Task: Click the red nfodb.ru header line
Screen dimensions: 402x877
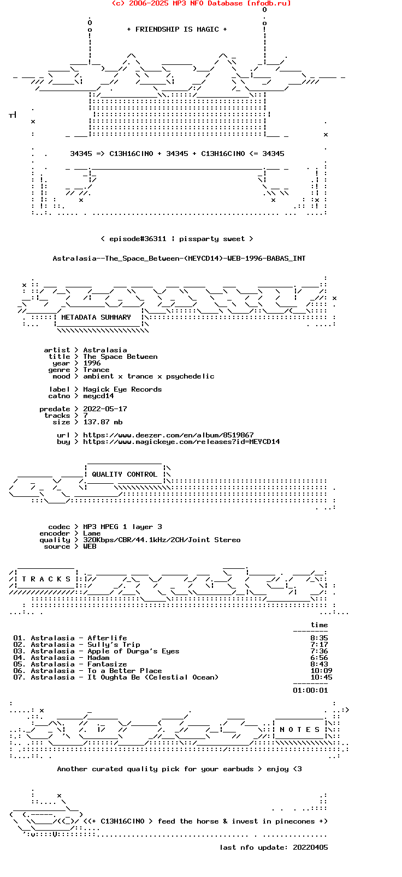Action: point(201,3)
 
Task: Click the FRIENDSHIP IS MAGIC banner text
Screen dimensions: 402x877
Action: point(177,29)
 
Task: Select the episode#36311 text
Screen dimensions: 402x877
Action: point(138,239)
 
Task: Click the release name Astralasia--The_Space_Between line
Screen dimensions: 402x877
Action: point(179,259)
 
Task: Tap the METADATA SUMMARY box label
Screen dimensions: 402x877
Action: point(96,317)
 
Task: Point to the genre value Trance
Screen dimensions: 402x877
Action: point(96,370)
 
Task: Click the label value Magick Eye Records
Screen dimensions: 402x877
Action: point(122,389)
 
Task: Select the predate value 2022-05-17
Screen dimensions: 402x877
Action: point(105,409)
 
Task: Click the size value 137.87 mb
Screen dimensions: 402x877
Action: point(103,422)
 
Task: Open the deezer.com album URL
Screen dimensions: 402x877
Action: point(168,435)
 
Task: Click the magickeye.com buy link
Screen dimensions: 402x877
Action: point(181,442)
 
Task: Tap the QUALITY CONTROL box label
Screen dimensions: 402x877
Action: point(125,474)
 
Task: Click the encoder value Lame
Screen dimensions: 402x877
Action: point(92,533)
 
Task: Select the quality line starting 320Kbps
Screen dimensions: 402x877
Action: point(162,540)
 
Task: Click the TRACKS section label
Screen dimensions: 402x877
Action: point(46,579)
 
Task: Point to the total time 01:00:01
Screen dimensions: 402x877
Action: point(311,690)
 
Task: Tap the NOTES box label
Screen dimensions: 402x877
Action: point(300,729)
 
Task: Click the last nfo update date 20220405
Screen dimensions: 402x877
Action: point(311,847)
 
